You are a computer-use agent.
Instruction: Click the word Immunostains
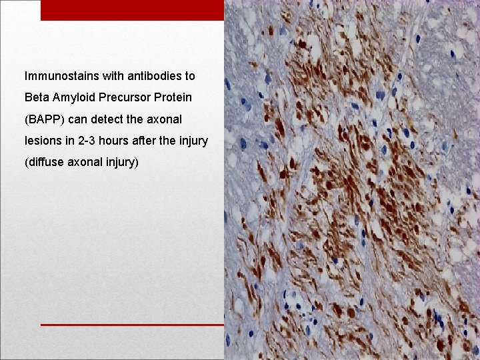[57, 77]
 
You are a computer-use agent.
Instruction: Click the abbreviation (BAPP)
[45, 119]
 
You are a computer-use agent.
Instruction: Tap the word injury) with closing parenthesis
[121, 162]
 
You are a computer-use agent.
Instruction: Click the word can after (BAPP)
[79, 119]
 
